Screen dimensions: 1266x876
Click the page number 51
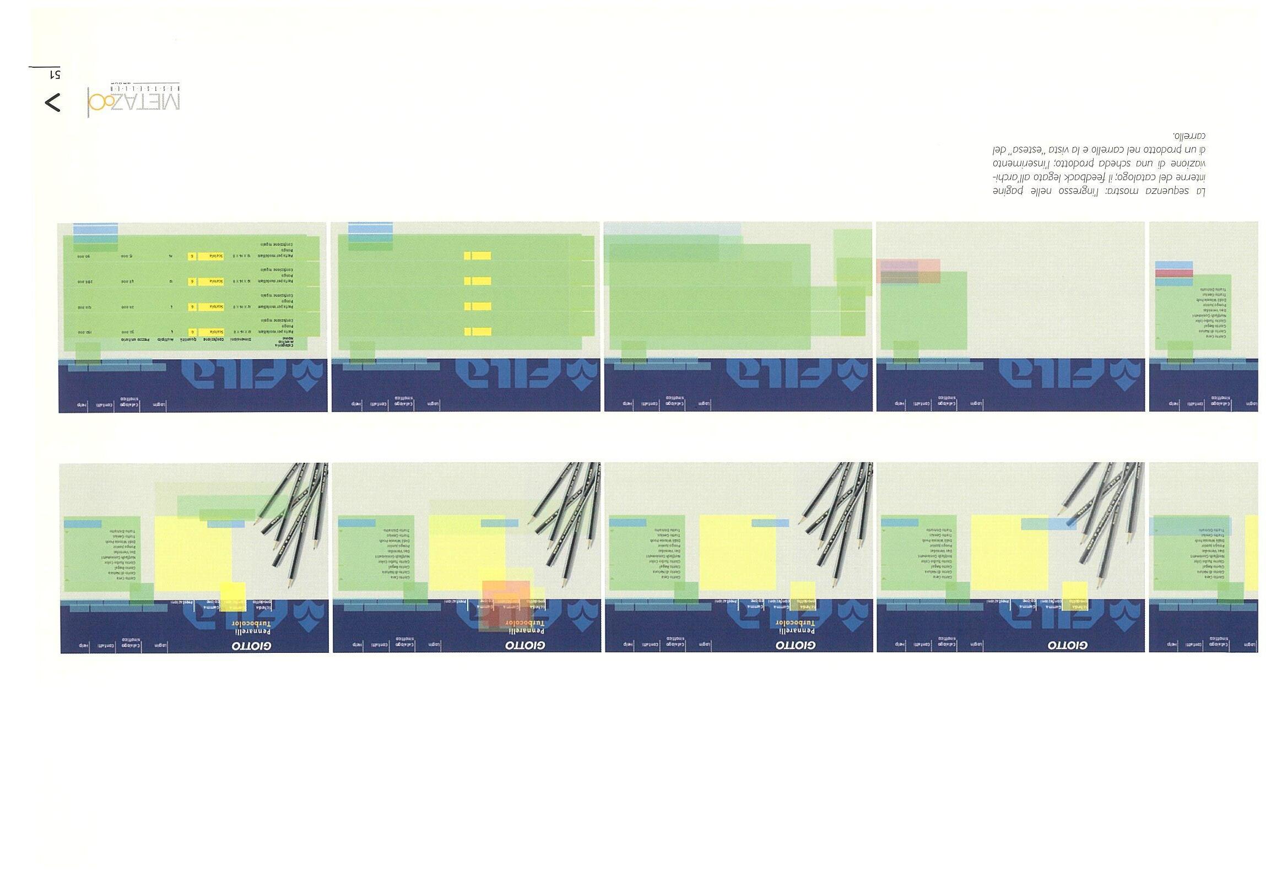pos(55,74)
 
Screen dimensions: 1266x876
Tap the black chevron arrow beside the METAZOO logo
pos(52,103)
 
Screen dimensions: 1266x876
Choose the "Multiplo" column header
pos(167,340)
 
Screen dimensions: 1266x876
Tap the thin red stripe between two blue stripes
pos(1173,273)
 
